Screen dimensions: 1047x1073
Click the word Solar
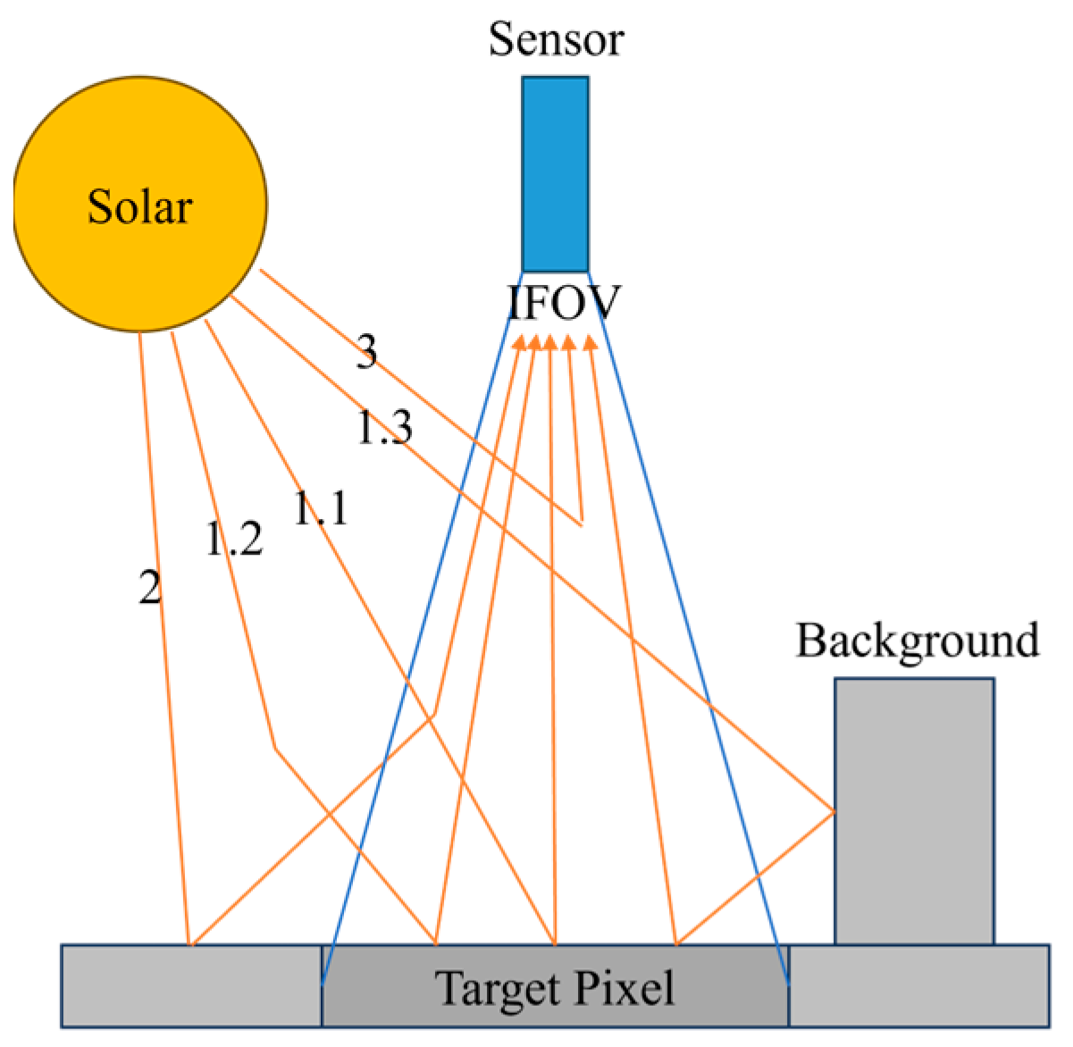click(140, 207)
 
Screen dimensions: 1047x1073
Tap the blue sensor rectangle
click(555, 174)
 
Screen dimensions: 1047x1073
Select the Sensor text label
click(555, 40)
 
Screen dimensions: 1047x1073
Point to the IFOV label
click(563, 304)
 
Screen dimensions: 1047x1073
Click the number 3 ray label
click(366, 353)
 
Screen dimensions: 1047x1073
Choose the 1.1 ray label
click(320, 509)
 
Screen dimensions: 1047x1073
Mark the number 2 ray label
click(150, 588)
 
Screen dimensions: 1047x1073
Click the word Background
click(918, 641)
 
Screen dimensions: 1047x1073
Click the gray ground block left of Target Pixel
click(191, 985)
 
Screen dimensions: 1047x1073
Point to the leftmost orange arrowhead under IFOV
click(518, 342)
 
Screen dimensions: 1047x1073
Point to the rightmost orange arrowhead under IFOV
click(590, 342)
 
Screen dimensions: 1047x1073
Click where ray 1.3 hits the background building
click(834, 811)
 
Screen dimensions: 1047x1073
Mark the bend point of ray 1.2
click(274, 748)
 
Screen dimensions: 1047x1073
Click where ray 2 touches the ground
click(189, 943)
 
